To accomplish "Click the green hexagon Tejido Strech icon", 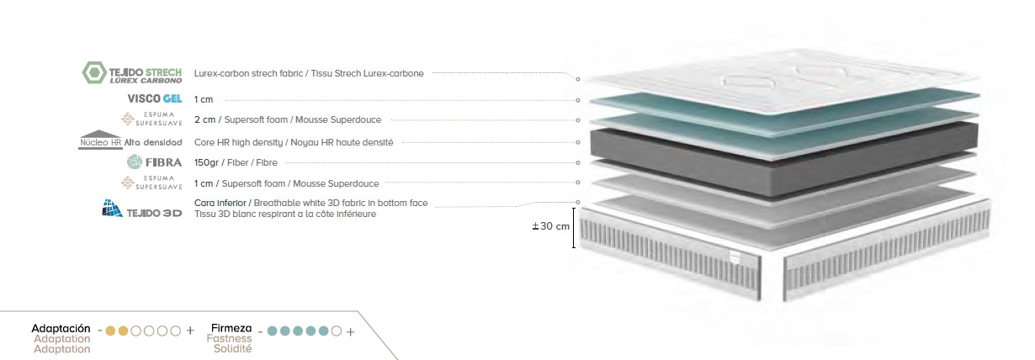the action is click(x=94, y=72).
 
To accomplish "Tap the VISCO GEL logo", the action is click(x=155, y=99).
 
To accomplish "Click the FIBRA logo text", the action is click(x=163, y=162).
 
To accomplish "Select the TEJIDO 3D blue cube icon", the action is click(x=112, y=209).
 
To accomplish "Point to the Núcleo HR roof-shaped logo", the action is click(x=100, y=140).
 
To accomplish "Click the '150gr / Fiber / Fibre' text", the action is click(x=236, y=162).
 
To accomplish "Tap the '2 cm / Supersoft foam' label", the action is click(x=241, y=119).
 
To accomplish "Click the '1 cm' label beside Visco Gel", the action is click(x=204, y=99).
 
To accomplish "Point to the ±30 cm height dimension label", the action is click(x=551, y=226).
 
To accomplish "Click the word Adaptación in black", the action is click(x=61, y=329).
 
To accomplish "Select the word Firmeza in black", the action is click(x=231, y=328).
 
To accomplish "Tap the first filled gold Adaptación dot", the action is click(x=110, y=331).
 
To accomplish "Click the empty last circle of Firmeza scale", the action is click(x=337, y=331).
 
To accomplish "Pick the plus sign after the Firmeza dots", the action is click(x=351, y=331).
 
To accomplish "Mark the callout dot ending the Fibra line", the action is click(x=577, y=162).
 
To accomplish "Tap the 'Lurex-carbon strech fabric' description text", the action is click(x=248, y=73).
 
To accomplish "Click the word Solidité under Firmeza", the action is click(x=232, y=348).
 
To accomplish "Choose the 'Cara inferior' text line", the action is click(x=311, y=203).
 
